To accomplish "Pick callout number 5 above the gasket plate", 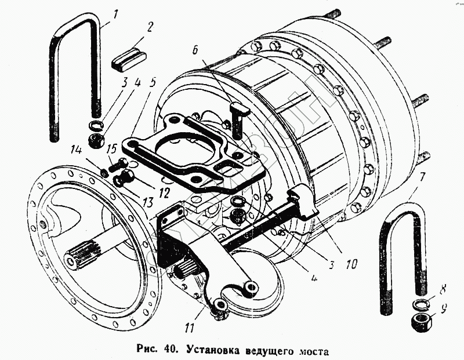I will coord(152,81).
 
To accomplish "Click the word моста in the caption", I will coord(314,351).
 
